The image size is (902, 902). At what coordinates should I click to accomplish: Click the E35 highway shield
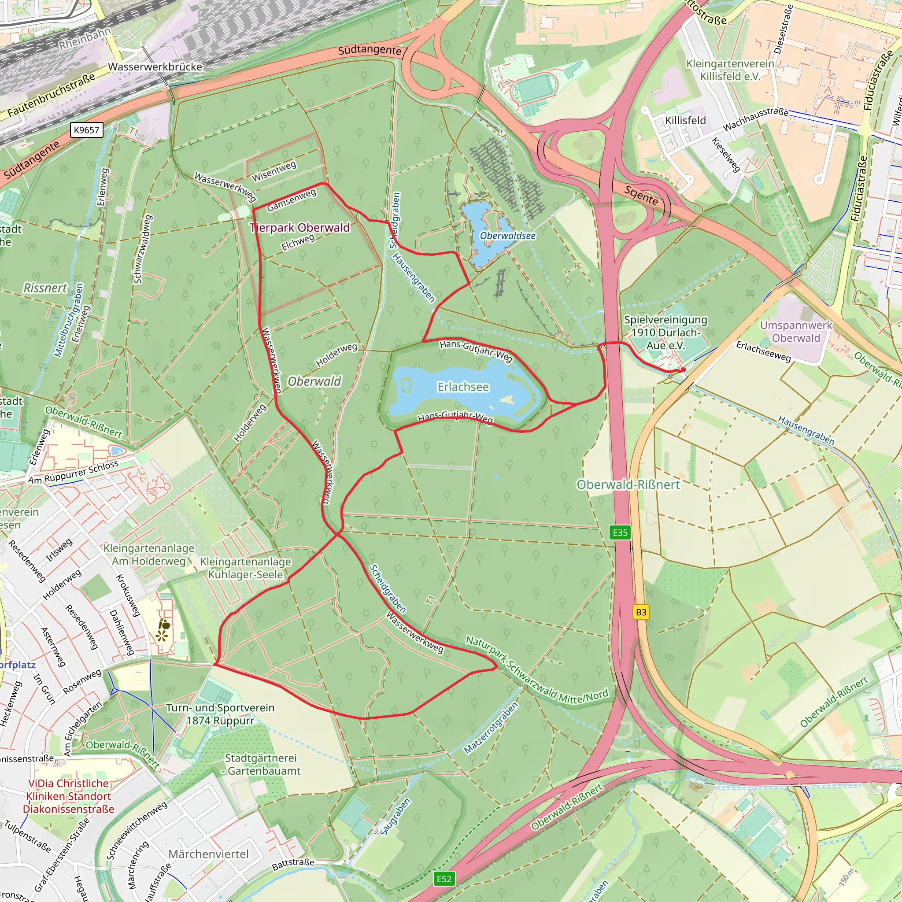(x=620, y=532)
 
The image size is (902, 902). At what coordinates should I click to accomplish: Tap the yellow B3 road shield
(x=641, y=612)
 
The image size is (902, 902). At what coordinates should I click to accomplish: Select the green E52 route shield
(x=444, y=879)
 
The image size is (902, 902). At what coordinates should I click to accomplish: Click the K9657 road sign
(x=86, y=130)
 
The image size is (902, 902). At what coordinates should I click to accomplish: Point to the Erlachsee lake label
(x=463, y=387)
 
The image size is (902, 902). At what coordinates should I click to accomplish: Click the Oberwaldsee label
(x=507, y=236)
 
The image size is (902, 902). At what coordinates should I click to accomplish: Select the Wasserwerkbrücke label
(x=155, y=67)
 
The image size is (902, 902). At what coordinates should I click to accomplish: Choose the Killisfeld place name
(x=685, y=120)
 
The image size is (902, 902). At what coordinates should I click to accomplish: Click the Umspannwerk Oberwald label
(x=795, y=332)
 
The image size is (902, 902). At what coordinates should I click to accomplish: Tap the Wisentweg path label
(x=274, y=171)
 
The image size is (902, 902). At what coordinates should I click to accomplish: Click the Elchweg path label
(x=298, y=242)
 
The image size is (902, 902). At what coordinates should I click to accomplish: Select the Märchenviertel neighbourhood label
(x=208, y=854)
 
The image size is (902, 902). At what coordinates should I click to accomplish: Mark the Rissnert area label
(x=45, y=288)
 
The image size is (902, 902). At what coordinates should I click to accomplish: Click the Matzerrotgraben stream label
(x=491, y=728)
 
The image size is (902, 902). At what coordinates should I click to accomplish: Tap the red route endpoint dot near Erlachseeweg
(x=683, y=370)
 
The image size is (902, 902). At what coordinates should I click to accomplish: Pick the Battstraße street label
(x=293, y=864)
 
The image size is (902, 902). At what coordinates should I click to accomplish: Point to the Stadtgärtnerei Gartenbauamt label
(x=261, y=764)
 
